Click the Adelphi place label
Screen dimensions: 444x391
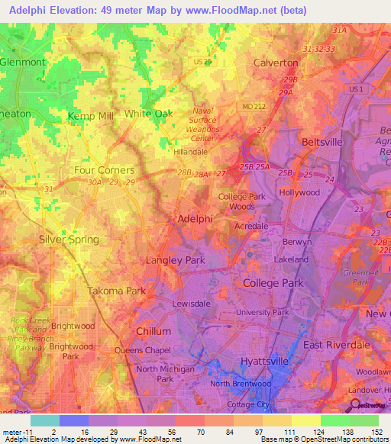(x=194, y=219)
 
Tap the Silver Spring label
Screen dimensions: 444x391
(x=69, y=240)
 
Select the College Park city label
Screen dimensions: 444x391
(x=273, y=283)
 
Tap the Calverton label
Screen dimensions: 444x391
(x=276, y=63)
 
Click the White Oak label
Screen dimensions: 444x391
(x=148, y=114)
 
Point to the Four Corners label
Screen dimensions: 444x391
(x=104, y=170)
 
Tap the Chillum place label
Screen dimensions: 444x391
(x=153, y=332)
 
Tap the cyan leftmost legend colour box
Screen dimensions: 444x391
(x=44, y=420)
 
